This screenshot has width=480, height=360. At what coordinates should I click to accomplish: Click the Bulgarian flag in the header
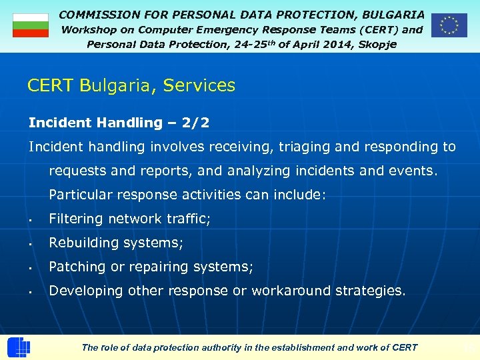click(31, 25)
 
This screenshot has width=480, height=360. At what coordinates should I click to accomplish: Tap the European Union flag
click(449, 25)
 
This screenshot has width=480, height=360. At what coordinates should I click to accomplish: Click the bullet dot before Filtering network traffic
click(31, 220)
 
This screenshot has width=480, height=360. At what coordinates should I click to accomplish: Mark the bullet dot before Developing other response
click(31, 292)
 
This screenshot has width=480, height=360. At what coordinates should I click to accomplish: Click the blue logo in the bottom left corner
click(18, 347)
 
